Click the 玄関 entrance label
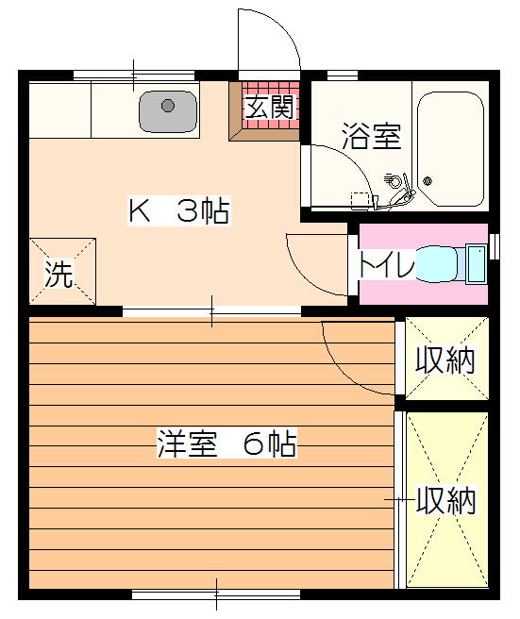[270, 107]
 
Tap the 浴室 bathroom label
[372, 136]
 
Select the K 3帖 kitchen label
[179, 210]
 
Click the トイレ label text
[386, 263]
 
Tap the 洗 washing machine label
[59, 274]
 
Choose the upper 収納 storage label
[445, 360]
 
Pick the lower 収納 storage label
[446, 500]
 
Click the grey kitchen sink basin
[168, 111]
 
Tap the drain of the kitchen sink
[168, 106]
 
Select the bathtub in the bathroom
[451, 149]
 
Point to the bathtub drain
[428, 181]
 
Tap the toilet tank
[476, 263]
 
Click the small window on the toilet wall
[495, 246]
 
